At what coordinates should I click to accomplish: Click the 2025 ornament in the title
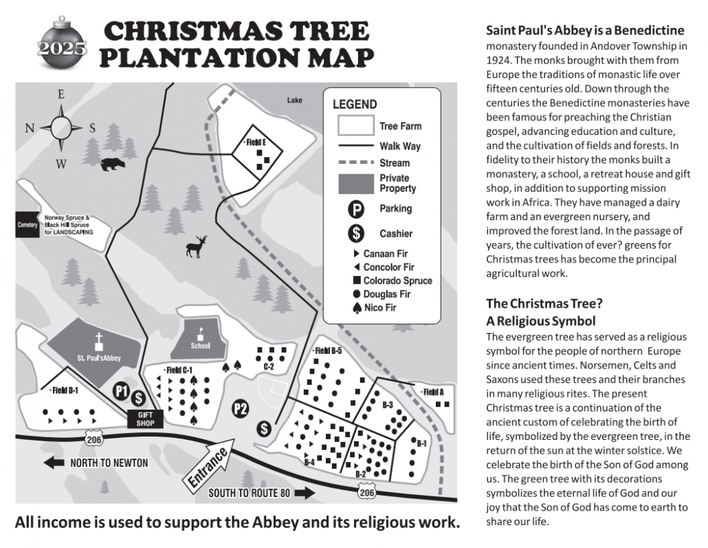point(63,46)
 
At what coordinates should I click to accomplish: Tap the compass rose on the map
point(61,127)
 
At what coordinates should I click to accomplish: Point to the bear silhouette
point(112,165)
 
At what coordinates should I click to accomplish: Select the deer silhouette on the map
point(197,246)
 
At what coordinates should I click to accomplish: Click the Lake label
point(294,101)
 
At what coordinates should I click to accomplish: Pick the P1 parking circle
point(122,392)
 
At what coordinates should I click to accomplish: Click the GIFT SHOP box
point(146,419)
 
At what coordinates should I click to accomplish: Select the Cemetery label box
point(27,224)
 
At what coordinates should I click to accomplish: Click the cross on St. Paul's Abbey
point(99,341)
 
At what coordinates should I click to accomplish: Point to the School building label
point(201,346)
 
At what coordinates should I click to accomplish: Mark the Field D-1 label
point(65,390)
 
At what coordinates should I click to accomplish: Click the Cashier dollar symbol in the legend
point(356,233)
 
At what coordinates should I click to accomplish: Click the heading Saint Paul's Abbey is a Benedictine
point(585,30)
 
